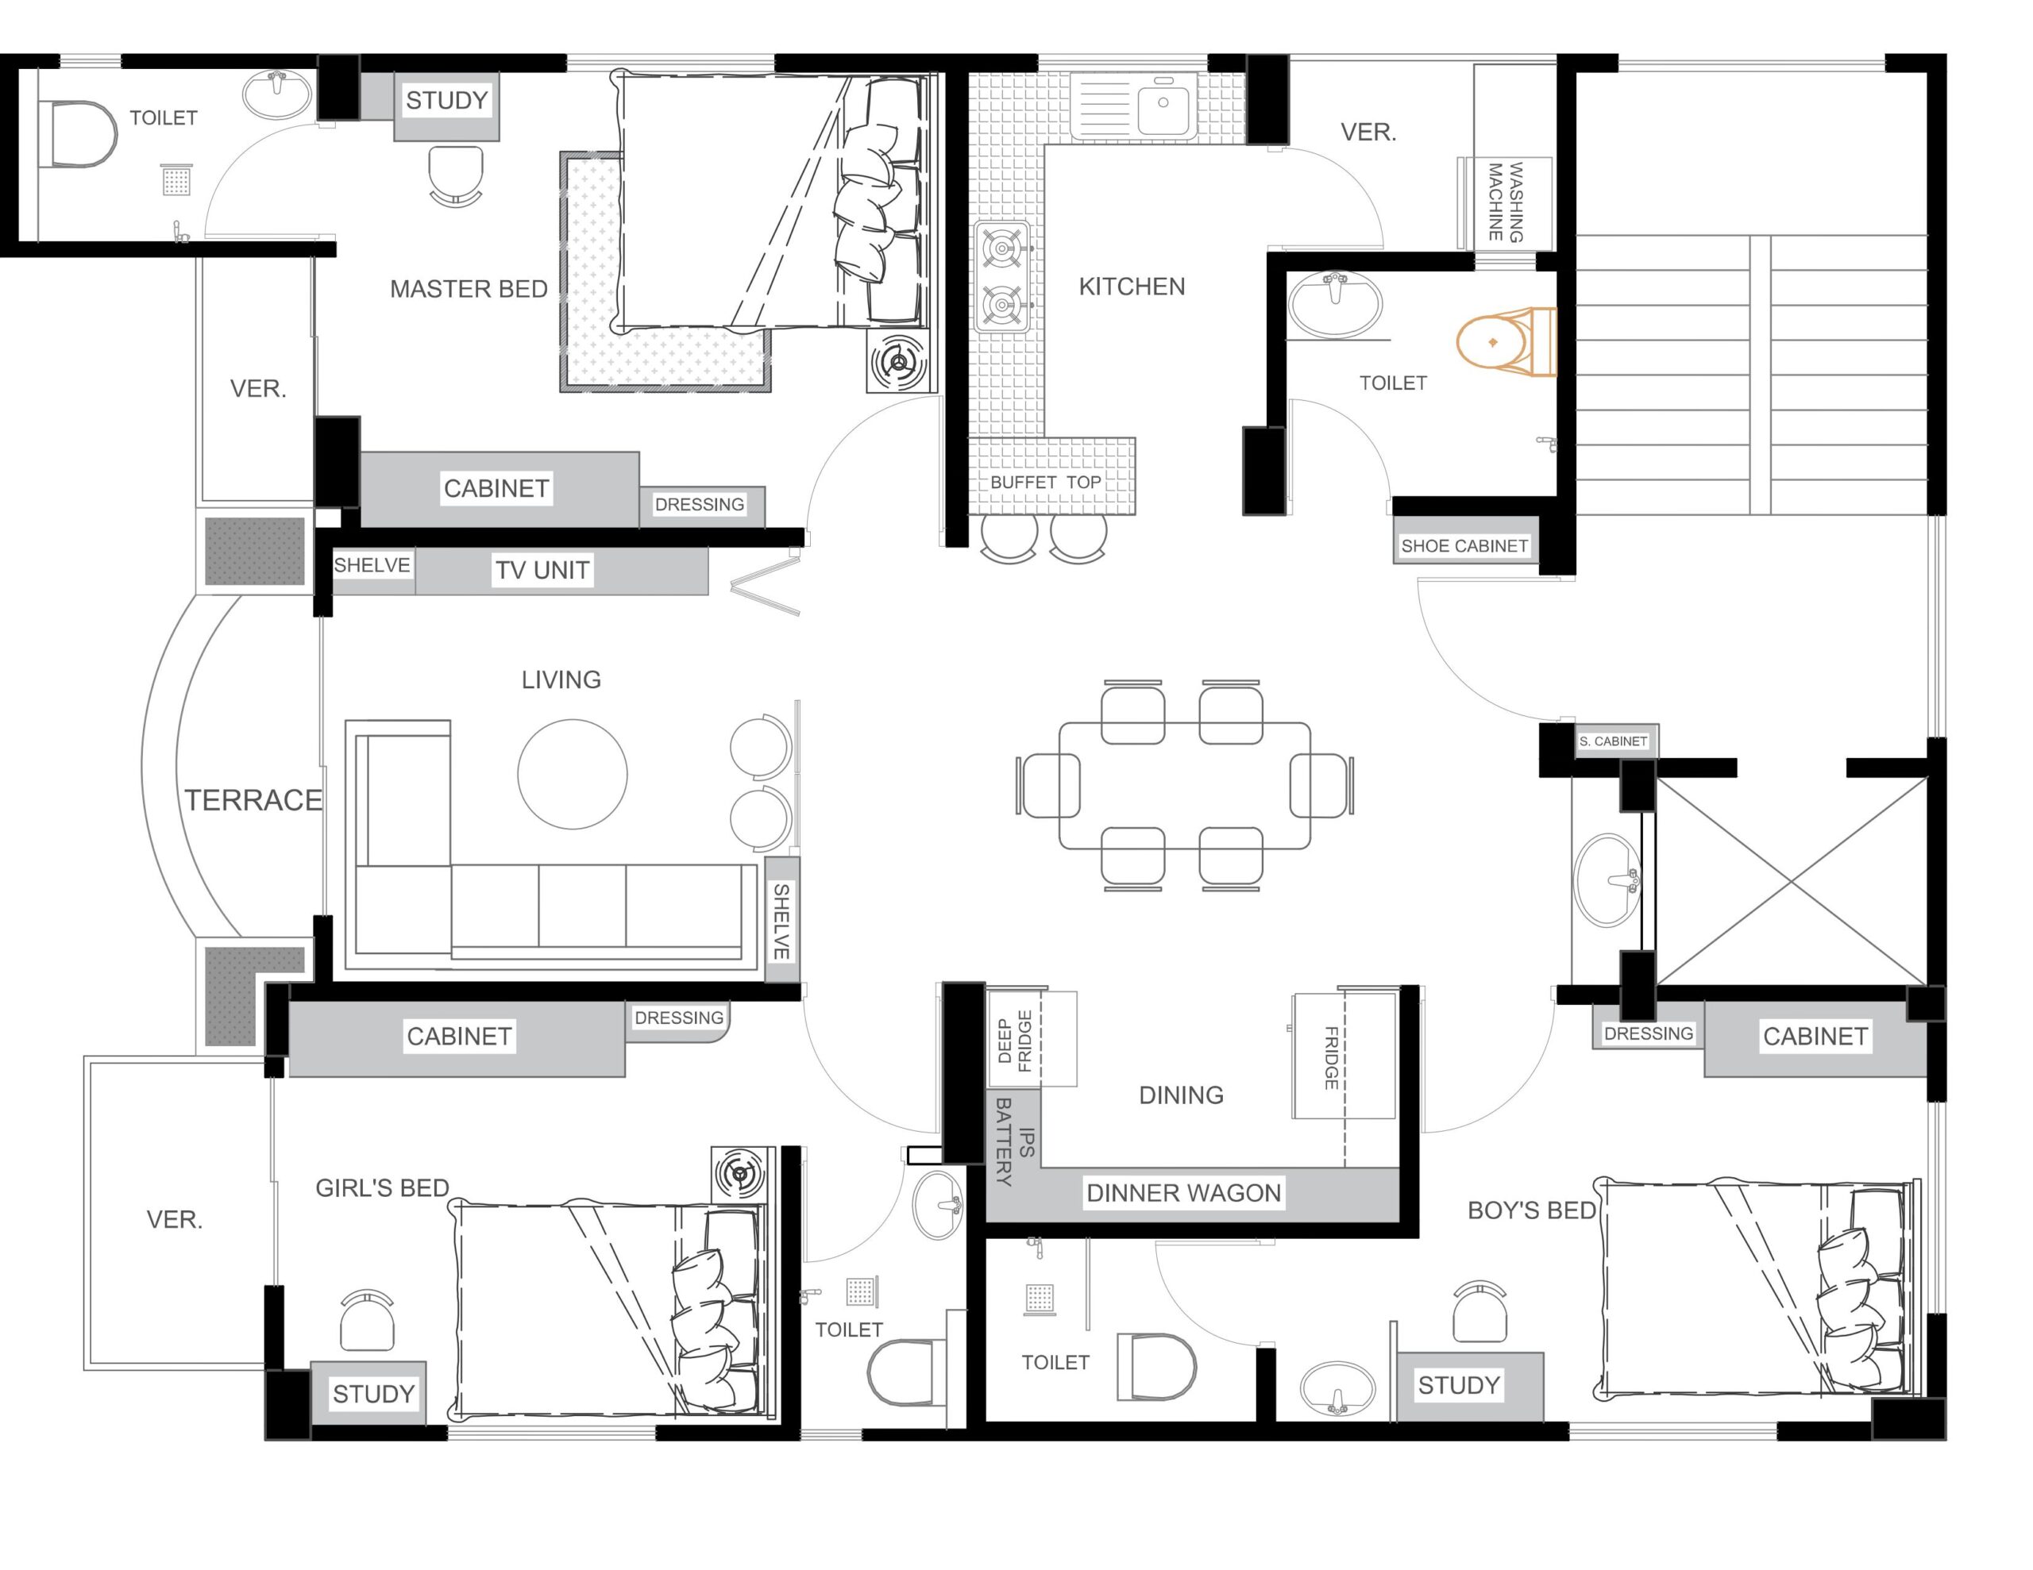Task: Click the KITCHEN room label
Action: click(x=1132, y=287)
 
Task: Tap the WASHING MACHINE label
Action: click(x=1504, y=202)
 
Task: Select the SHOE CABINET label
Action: click(x=1464, y=546)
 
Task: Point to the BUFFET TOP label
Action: click(x=1045, y=482)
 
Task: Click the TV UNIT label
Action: click(x=542, y=571)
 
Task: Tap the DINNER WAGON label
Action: click(x=1184, y=1193)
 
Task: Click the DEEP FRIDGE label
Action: click(x=1015, y=1041)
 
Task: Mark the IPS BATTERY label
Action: click(x=1015, y=1142)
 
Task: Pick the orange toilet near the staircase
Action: click(x=1505, y=342)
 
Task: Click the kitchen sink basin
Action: click(x=1163, y=104)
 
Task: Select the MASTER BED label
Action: click(x=469, y=290)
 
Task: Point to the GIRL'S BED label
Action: click(x=382, y=1188)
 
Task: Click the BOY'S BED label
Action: click(x=1531, y=1210)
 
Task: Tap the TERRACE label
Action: click(x=253, y=800)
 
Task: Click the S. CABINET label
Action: click(x=1613, y=741)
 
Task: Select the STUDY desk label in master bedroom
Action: click(x=447, y=101)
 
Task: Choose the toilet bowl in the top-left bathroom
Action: click(x=80, y=135)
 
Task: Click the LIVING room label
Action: click(x=561, y=680)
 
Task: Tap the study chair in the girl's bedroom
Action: click(x=367, y=1320)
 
